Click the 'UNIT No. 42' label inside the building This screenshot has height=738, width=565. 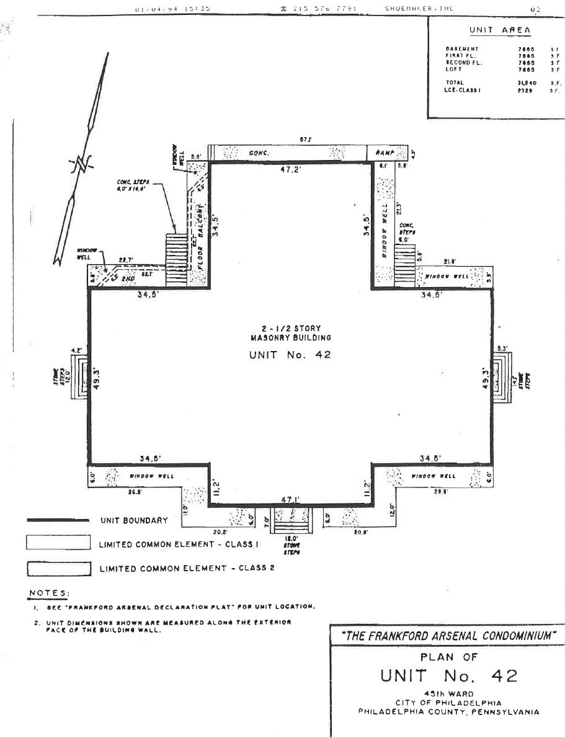(290, 355)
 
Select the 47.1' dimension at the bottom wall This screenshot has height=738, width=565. (290, 499)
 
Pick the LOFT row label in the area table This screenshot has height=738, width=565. (453, 69)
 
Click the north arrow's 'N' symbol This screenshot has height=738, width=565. (82, 163)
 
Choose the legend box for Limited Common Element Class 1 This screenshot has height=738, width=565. (58, 543)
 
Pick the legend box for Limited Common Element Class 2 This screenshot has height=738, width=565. (58, 569)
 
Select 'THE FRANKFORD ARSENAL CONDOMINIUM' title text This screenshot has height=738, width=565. (449, 636)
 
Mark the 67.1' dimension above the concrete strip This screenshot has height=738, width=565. (305, 140)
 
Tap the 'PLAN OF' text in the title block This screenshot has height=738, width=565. (448, 656)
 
